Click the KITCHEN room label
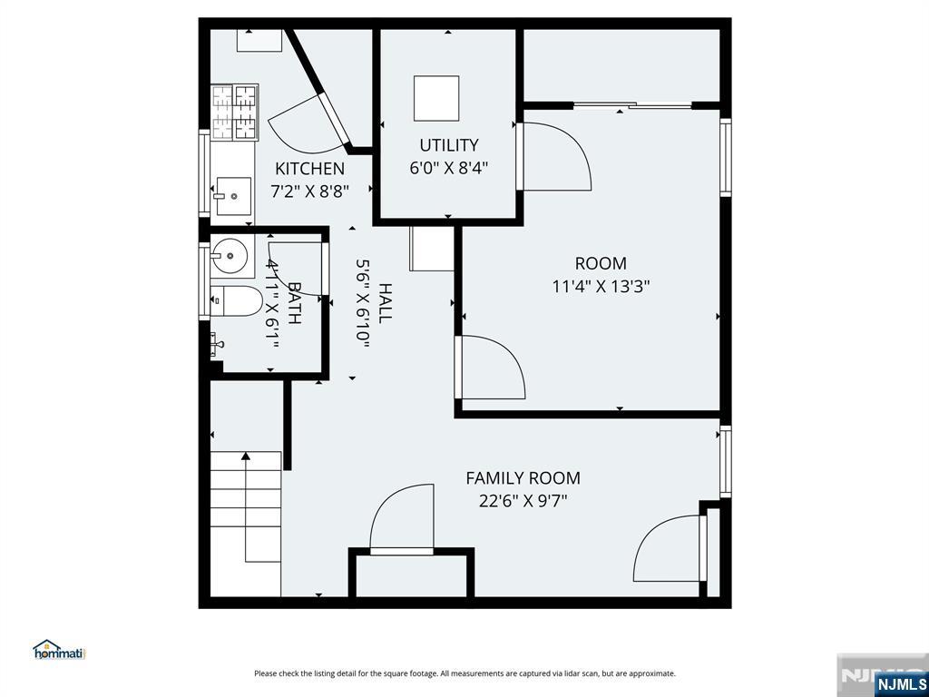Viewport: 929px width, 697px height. coord(309,169)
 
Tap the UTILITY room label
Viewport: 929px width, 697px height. coord(448,145)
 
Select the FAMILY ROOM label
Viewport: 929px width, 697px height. coord(523,478)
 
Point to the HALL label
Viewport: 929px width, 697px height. coord(385,303)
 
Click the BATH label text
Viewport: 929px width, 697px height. coord(294,303)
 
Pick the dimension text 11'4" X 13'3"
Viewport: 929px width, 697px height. coord(601,287)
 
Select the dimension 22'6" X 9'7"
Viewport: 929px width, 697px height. coord(523,501)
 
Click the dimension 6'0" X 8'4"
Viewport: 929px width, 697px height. coord(448,168)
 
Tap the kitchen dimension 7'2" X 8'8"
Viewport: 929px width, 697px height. coord(309,192)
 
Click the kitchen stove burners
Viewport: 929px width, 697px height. coord(235,112)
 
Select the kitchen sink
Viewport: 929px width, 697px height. coord(233,196)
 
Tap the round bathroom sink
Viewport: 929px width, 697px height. coord(230,256)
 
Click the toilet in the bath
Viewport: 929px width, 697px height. coord(236,301)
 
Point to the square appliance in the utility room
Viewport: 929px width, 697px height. coord(436,98)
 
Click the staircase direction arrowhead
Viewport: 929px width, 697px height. coord(246,456)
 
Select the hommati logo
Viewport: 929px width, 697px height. coord(59,650)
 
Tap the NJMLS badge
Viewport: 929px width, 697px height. coord(899,683)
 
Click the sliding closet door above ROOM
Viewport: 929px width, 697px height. coord(632,105)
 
